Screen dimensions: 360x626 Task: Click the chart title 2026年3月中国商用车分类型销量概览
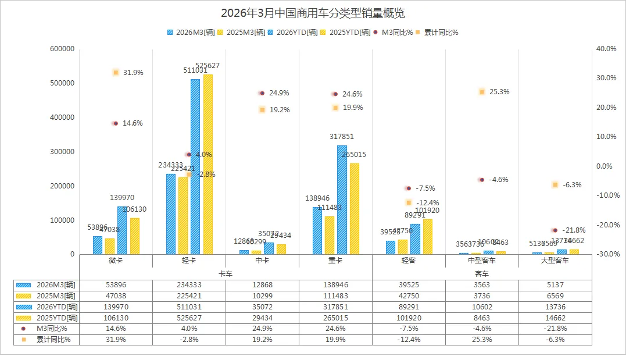(x=313, y=13)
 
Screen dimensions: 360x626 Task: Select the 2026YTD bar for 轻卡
(x=195, y=166)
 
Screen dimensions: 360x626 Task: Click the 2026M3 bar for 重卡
(x=317, y=230)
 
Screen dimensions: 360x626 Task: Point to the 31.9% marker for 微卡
(x=116, y=73)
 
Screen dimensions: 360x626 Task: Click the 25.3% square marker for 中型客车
(x=482, y=92)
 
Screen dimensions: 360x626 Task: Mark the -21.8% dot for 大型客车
(x=555, y=230)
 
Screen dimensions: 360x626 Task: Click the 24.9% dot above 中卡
(x=262, y=93)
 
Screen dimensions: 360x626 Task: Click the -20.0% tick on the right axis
(x=606, y=225)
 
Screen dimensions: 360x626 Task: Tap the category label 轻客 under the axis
(x=409, y=261)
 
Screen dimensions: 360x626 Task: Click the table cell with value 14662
(x=555, y=318)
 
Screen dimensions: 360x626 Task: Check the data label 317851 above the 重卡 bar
(x=341, y=137)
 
